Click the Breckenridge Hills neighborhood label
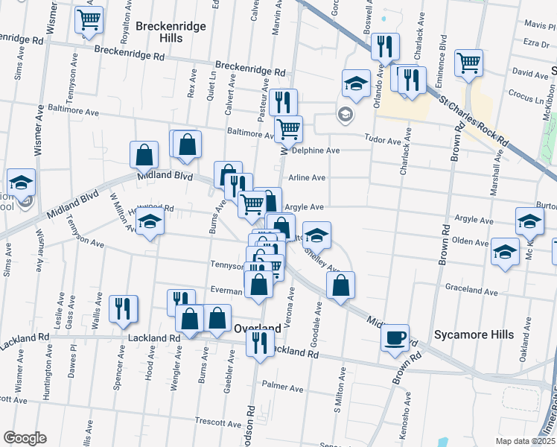(x=170, y=32)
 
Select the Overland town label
(x=257, y=328)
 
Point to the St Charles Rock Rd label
(x=474, y=119)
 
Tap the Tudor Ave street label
(x=383, y=138)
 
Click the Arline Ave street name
(x=307, y=178)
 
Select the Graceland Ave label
(x=471, y=287)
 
